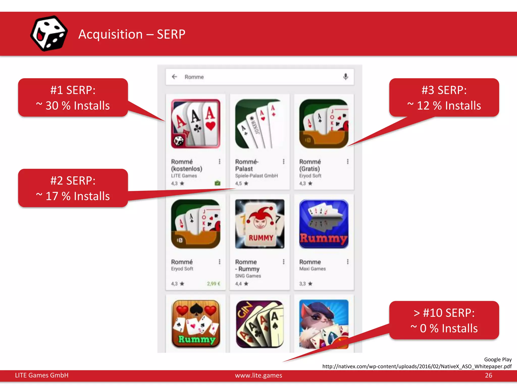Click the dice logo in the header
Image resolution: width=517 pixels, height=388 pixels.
pos(49,33)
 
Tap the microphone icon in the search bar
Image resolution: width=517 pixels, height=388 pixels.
pos(346,77)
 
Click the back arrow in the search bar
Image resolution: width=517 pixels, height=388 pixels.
pos(174,77)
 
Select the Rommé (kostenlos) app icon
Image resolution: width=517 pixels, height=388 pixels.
pos(196,124)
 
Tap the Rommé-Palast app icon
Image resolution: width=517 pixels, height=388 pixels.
pos(260,124)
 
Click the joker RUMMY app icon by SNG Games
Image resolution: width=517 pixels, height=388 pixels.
pos(260,224)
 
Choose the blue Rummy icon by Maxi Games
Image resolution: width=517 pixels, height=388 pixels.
pos(324,224)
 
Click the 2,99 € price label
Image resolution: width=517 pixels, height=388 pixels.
pos(214,284)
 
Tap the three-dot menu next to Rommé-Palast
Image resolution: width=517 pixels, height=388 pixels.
pos(283,161)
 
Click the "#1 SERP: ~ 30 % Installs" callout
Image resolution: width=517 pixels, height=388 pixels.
pos(73,98)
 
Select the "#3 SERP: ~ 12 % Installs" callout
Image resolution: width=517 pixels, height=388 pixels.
pos(444,98)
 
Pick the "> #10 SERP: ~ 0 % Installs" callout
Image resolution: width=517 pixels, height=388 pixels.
pos(444,320)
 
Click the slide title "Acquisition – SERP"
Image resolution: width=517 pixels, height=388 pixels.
pos(132,34)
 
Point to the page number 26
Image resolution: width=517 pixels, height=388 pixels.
pos(488,375)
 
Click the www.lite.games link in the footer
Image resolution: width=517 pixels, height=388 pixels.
pos(258,375)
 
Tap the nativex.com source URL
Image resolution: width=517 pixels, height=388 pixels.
pos(417,366)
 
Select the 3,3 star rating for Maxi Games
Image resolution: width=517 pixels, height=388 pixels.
pos(306,284)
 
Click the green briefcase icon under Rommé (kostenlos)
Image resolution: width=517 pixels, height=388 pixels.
pos(217,183)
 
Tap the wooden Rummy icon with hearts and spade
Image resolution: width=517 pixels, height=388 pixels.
pos(196,324)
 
